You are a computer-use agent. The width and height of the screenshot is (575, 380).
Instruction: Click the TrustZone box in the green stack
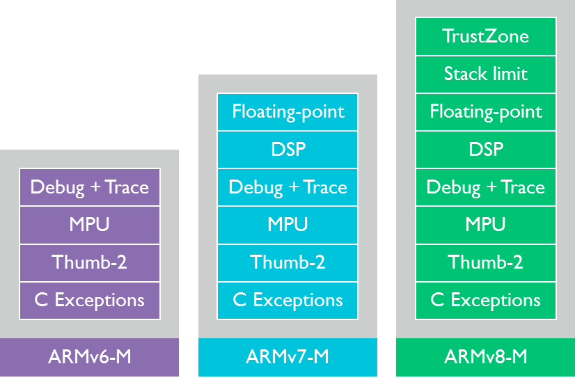(x=485, y=36)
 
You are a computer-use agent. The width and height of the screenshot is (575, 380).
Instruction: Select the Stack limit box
(x=485, y=74)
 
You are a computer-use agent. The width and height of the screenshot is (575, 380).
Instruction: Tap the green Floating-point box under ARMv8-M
(x=485, y=112)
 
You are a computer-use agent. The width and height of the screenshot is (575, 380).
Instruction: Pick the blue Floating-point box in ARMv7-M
(x=287, y=112)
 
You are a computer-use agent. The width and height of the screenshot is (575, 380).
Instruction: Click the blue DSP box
(x=287, y=150)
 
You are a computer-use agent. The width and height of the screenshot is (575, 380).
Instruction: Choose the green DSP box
(x=485, y=150)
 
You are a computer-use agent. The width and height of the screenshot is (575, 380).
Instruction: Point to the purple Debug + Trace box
(x=90, y=187)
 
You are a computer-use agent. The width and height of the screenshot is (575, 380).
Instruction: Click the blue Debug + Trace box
(x=287, y=187)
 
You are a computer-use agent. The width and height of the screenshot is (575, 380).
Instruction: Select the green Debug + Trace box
(x=485, y=187)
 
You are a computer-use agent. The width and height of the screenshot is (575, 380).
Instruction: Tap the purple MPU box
(x=90, y=225)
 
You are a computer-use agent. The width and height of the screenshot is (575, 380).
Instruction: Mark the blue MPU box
(x=287, y=225)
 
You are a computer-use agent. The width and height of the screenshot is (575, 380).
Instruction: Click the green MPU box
(x=485, y=225)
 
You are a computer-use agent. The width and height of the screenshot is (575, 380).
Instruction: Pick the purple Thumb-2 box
(x=90, y=263)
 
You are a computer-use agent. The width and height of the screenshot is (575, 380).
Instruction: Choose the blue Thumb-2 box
(x=287, y=263)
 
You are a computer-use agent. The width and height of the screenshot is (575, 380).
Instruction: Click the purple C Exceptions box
(x=90, y=301)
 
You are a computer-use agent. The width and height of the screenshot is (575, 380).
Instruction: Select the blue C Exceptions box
(x=287, y=301)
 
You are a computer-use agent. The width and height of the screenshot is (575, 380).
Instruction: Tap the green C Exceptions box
(x=485, y=301)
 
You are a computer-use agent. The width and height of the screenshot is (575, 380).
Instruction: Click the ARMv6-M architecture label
(x=90, y=357)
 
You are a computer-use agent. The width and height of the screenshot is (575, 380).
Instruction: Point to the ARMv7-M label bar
(x=287, y=357)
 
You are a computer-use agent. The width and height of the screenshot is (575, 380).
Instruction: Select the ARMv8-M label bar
(x=485, y=357)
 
